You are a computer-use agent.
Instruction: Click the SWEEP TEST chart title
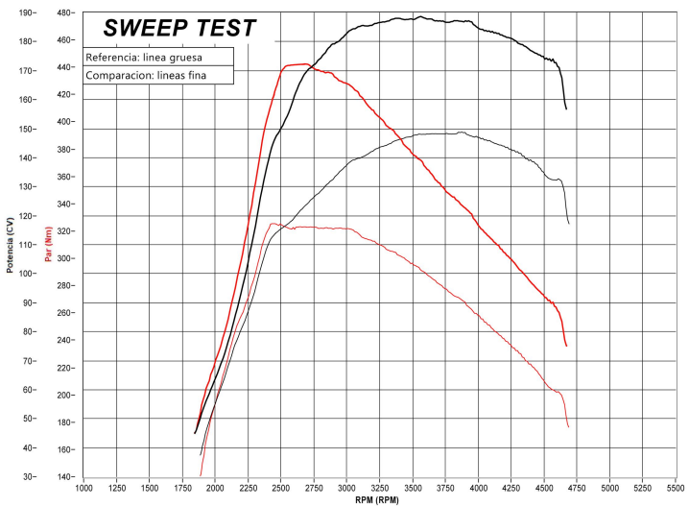click(179, 29)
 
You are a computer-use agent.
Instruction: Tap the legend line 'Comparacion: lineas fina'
click(144, 76)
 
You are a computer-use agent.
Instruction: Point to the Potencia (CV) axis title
click(10, 245)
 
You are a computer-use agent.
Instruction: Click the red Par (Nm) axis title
click(47, 245)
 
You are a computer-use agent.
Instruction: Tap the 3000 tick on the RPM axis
click(346, 487)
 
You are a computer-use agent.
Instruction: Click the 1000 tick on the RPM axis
click(83, 487)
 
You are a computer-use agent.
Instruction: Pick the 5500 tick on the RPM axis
click(677, 487)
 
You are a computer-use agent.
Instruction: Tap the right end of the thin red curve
click(568, 426)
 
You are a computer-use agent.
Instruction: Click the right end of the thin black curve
click(569, 224)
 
